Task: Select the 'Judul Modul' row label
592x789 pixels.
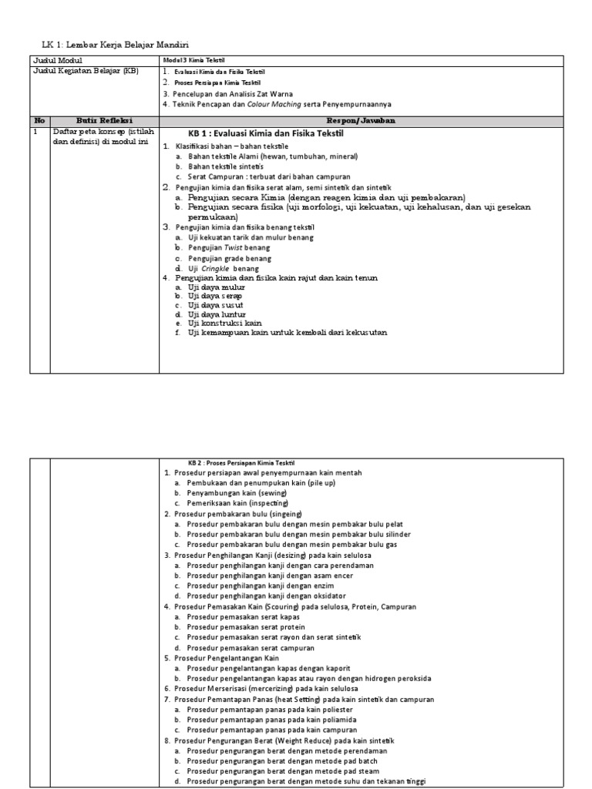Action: click(x=57, y=60)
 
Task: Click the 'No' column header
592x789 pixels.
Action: click(x=39, y=121)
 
